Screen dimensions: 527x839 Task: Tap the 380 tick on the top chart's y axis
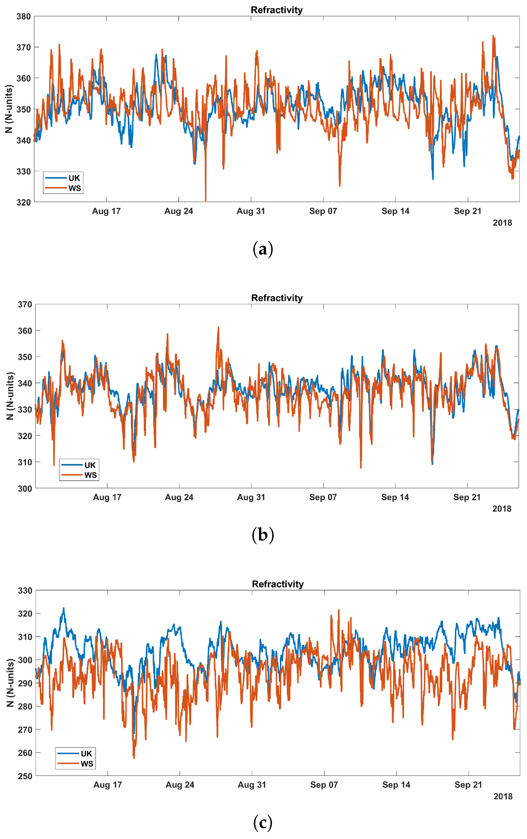pos(23,16)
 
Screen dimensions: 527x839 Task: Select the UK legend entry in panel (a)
pos(63,178)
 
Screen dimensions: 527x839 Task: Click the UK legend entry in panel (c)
pos(75,753)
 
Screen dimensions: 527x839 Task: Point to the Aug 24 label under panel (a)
pos(179,211)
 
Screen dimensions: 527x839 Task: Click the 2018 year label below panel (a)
pos(502,223)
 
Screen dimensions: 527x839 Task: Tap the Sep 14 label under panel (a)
pos(396,211)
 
